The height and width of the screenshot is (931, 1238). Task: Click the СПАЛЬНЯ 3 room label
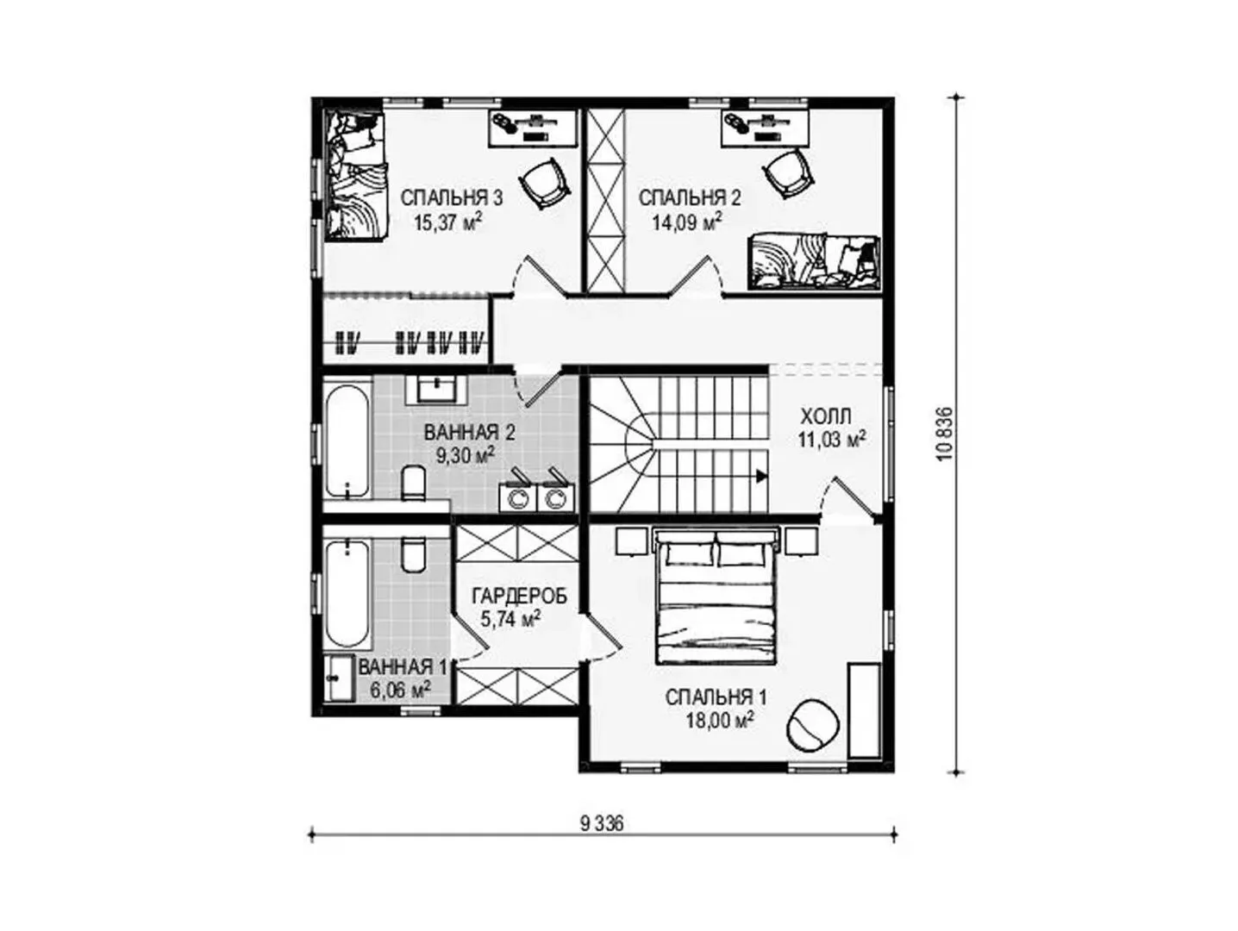[x=451, y=198]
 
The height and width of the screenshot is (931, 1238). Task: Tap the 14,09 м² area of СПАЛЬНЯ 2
[x=687, y=221]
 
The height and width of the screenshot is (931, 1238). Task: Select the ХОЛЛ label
[x=826, y=416]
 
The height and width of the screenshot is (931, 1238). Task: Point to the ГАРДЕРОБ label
[x=519, y=596]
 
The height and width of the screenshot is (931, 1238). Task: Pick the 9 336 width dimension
[x=602, y=823]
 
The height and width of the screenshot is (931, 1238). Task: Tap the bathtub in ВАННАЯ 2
[x=348, y=441]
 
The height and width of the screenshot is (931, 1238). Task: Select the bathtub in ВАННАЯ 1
[x=348, y=593]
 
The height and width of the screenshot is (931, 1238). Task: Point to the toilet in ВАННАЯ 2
[x=414, y=484]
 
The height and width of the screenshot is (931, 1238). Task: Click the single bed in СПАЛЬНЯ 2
[x=813, y=263]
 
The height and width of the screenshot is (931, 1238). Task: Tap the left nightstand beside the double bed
[x=631, y=541]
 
